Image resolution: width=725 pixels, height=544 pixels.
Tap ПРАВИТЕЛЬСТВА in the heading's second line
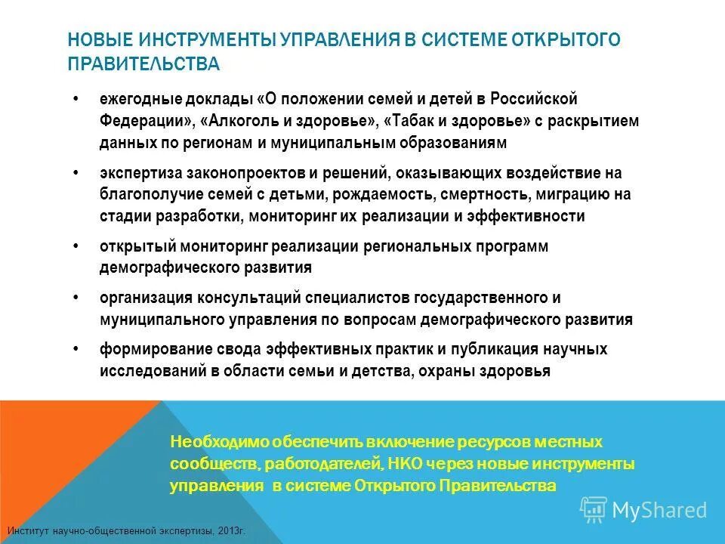pyautogui.click(x=143, y=64)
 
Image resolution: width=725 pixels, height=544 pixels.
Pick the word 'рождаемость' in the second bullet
pyautogui.click(x=392, y=194)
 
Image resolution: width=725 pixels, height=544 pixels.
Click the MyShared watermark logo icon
pyautogui.click(x=594, y=509)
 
